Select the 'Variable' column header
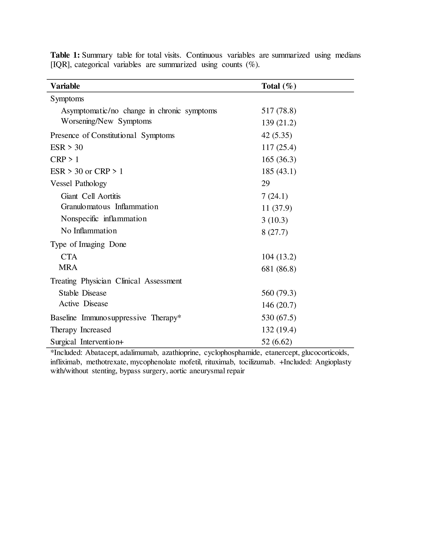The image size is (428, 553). click(x=65, y=86)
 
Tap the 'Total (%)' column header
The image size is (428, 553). click(x=279, y=86)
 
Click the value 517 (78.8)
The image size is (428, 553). click(x=279, y=111)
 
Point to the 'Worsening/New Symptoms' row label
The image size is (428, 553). click(x=106, y=121)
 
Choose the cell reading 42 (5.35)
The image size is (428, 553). click(x=277, y=135)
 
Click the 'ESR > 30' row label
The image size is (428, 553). click(x=66, y=147)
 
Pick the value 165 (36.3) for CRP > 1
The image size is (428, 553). click(x=279, y=160)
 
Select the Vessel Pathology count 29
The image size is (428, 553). click(x=266, y=183)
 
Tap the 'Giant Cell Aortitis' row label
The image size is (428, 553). click(x=91, y=196)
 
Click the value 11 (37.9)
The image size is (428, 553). click(x=277, y=208)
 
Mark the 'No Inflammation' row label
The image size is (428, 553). click(x=89, y=231)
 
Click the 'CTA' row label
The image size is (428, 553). click(x=69, y=257)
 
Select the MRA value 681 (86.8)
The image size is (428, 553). click(x=279, y=269)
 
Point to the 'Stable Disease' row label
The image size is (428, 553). click(x=83, y=293)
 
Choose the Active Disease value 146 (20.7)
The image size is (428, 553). click(x=279, y=305)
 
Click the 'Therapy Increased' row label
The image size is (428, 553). click(x=81, y=330)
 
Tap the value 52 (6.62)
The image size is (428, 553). click(x=277, y=342)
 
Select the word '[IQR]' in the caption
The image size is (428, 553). click(x=61, y=65)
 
